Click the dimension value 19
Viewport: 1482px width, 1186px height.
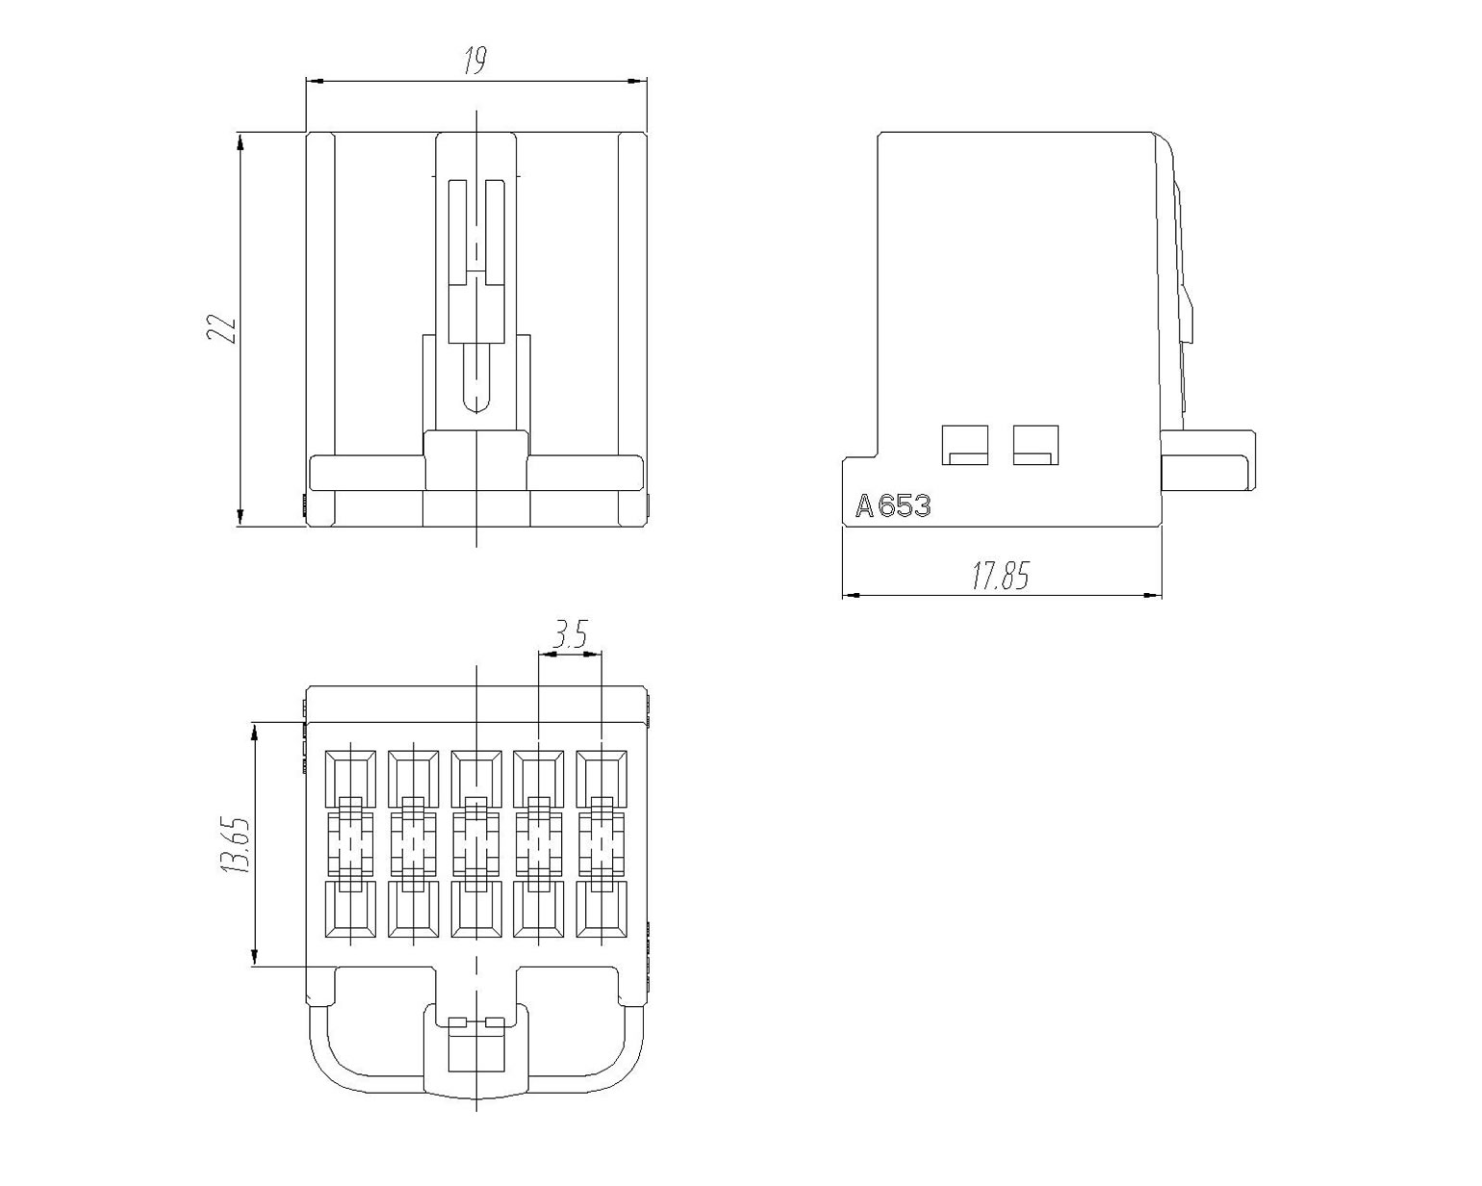click(x=474, y=61)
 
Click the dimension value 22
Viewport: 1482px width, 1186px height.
click(x=220, y=328)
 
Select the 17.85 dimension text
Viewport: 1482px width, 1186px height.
click(x=1001, y=576)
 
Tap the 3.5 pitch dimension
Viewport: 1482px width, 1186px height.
click(x=571, y=634)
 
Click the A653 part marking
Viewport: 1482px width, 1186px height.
click(x=893, y=506)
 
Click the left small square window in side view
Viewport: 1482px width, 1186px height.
click(x=965, y=445)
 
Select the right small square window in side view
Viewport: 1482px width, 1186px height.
click(x=1035, y=445)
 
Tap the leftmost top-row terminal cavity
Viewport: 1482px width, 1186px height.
click(x=350, y=779)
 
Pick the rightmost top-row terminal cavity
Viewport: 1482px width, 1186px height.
click(x=601, y=779)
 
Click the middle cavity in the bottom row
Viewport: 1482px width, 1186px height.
click(x=476, y=909)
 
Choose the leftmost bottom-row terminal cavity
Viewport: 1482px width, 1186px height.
click(x=350, y=909)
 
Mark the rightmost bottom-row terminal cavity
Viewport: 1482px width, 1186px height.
click(x=601, y=909)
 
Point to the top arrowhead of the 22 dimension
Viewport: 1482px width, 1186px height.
click(x=240, y=142)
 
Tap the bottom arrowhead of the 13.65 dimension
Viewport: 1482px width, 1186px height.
click(x=254, y=956)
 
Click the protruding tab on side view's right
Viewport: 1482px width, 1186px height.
click(x=1208, y=460)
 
